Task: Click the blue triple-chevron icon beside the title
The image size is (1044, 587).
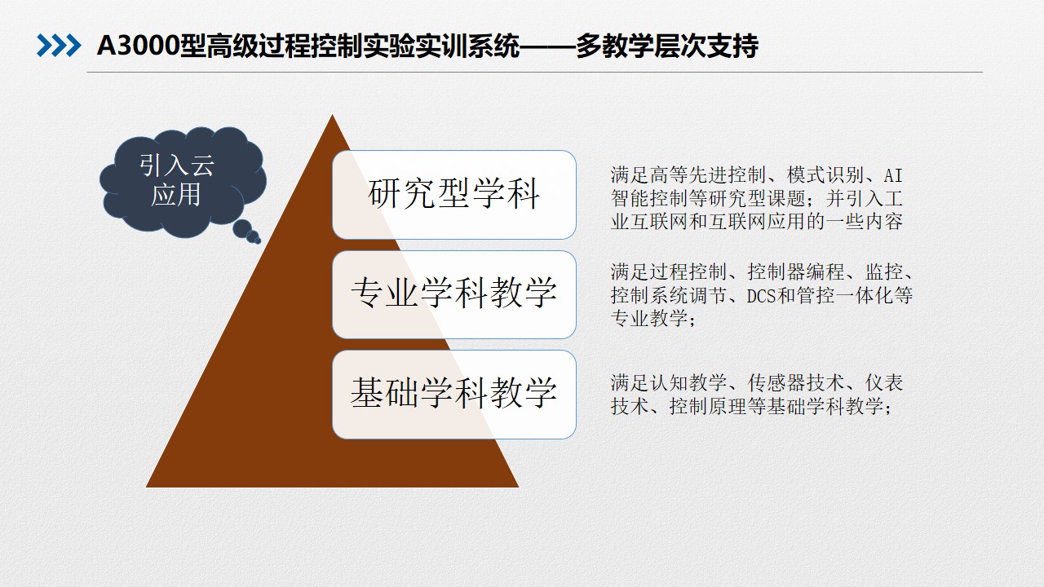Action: tap(59, 46)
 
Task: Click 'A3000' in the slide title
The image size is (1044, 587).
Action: tap(139, 46)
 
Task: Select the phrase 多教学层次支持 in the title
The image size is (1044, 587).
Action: tap(667, 46)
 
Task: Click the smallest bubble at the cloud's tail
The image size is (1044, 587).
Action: tap(258, 241)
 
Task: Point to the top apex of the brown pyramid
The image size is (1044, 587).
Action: tap(332, 115)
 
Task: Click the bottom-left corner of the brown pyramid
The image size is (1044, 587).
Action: tap(146, 487)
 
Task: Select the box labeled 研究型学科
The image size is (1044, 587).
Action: tap(454, 195)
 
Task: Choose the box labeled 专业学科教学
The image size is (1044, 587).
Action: tap(454, 294)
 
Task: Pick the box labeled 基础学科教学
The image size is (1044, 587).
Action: tap(454, 395)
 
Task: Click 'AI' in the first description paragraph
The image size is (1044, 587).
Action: tap(893, 176)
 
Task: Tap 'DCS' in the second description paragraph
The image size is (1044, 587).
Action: tap(761, 296)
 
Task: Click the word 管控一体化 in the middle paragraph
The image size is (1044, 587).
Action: tap(845, 296)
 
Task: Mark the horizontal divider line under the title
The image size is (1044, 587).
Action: tap(534, 73)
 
